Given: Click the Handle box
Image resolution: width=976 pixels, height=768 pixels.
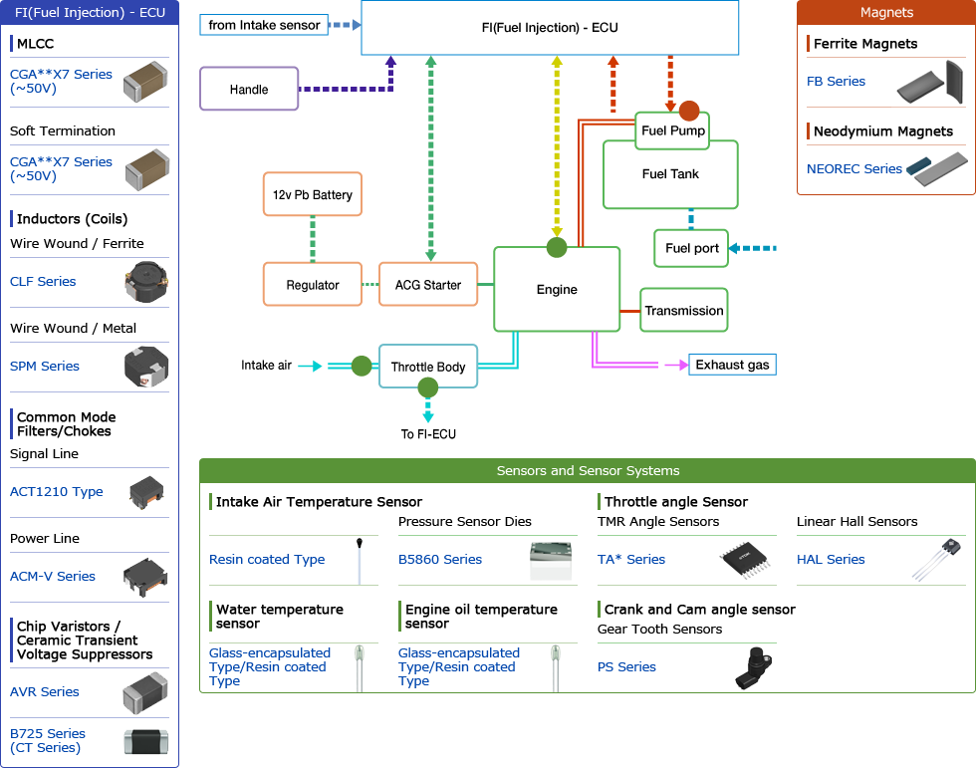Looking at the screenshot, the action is [x=249, y=89].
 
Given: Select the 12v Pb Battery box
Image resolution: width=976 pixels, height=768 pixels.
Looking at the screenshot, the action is [x=313, y=194].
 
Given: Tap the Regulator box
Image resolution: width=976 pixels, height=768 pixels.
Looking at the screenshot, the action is [x=313, y=285].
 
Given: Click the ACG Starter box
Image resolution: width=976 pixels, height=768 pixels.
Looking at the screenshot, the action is [x=428, y=285].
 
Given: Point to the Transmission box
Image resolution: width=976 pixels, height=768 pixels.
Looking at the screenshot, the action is [x=683, y=311].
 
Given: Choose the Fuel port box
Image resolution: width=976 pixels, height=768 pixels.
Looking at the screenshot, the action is [x=691, y=248].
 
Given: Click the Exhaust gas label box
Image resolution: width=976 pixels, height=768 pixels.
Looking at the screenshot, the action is [x=732, y=365].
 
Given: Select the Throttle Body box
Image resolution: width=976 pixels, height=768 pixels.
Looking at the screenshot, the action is [x=428, y=367].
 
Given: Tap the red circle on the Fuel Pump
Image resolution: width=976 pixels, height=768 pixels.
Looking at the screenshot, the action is [x=689, y=111].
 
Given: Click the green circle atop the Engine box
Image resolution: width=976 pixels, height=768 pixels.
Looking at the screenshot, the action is [x=557, y=247].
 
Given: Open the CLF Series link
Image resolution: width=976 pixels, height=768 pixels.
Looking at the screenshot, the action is [x=43, y=282].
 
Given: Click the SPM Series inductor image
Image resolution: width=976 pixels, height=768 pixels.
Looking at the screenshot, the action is [x=145, y=367].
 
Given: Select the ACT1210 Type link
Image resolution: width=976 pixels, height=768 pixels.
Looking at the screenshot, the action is [x=57, y=491].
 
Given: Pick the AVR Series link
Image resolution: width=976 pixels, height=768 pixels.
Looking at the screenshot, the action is [x=45, y=691].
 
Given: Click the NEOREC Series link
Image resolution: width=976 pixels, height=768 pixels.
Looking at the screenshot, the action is [x=854, y=169].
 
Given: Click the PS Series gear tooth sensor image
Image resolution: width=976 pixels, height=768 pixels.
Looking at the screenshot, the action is [x=755, y=666].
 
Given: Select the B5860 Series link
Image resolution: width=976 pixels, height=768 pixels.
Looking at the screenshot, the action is [x=440, y=560].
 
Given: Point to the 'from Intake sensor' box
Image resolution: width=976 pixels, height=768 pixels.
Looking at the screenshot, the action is [x=264, y=25].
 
